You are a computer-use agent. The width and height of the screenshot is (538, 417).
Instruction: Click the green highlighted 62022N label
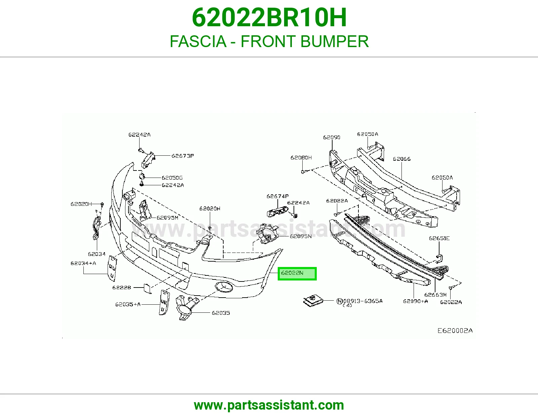(297, 274)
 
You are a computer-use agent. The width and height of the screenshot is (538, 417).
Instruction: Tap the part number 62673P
(183, 156)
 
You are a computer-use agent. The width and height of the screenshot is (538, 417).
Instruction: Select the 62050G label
(172, 178)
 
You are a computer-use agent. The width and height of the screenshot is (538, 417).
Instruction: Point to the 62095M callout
(167, 218)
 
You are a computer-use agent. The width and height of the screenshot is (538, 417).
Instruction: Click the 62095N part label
(301, 236)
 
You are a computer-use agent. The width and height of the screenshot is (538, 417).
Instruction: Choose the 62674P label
(277, 196)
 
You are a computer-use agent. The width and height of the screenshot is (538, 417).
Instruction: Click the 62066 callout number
(401, 159)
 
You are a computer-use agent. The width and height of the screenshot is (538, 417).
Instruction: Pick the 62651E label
(439, 238)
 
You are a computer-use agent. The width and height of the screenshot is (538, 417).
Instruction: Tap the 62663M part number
(435, 295)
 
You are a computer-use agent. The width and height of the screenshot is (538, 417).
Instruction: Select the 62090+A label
(416, 301)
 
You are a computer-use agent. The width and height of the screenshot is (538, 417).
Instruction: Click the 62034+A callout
(83, 263)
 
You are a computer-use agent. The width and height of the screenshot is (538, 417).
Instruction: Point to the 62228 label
(122, 288)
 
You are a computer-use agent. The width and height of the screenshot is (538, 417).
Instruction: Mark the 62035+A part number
(128, 304)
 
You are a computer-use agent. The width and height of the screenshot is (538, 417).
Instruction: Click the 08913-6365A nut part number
(363, 301)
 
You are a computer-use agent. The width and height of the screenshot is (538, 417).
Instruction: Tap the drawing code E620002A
(455, 331)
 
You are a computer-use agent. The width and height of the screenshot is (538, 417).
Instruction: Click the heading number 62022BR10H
(269, 17)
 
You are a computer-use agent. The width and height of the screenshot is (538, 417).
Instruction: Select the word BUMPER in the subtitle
(335, 41)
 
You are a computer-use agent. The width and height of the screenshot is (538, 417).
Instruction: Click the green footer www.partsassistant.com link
(269, 405)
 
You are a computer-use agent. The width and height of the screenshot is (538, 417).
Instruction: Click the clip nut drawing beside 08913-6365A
(313, 301)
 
